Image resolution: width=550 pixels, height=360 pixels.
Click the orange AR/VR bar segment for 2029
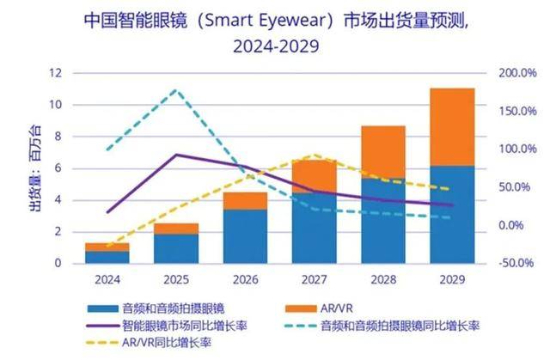tap(452, 127)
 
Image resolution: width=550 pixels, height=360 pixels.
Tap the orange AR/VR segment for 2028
tap(382, 152)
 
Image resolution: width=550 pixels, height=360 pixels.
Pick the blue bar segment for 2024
tap(107, 257)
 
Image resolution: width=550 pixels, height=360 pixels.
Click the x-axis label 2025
tap(176, 278)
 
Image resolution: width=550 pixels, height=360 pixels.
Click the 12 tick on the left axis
tap(56, 73)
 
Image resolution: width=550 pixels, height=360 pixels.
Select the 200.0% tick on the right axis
tap(516, 73)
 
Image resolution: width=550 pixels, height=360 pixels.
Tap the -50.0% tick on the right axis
tap(516, 264)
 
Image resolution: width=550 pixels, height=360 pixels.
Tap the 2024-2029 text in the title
tap(274, 46)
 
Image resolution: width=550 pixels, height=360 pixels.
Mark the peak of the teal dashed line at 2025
tap(176, 89)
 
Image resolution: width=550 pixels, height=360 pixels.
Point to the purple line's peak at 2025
tap(176, 155)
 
